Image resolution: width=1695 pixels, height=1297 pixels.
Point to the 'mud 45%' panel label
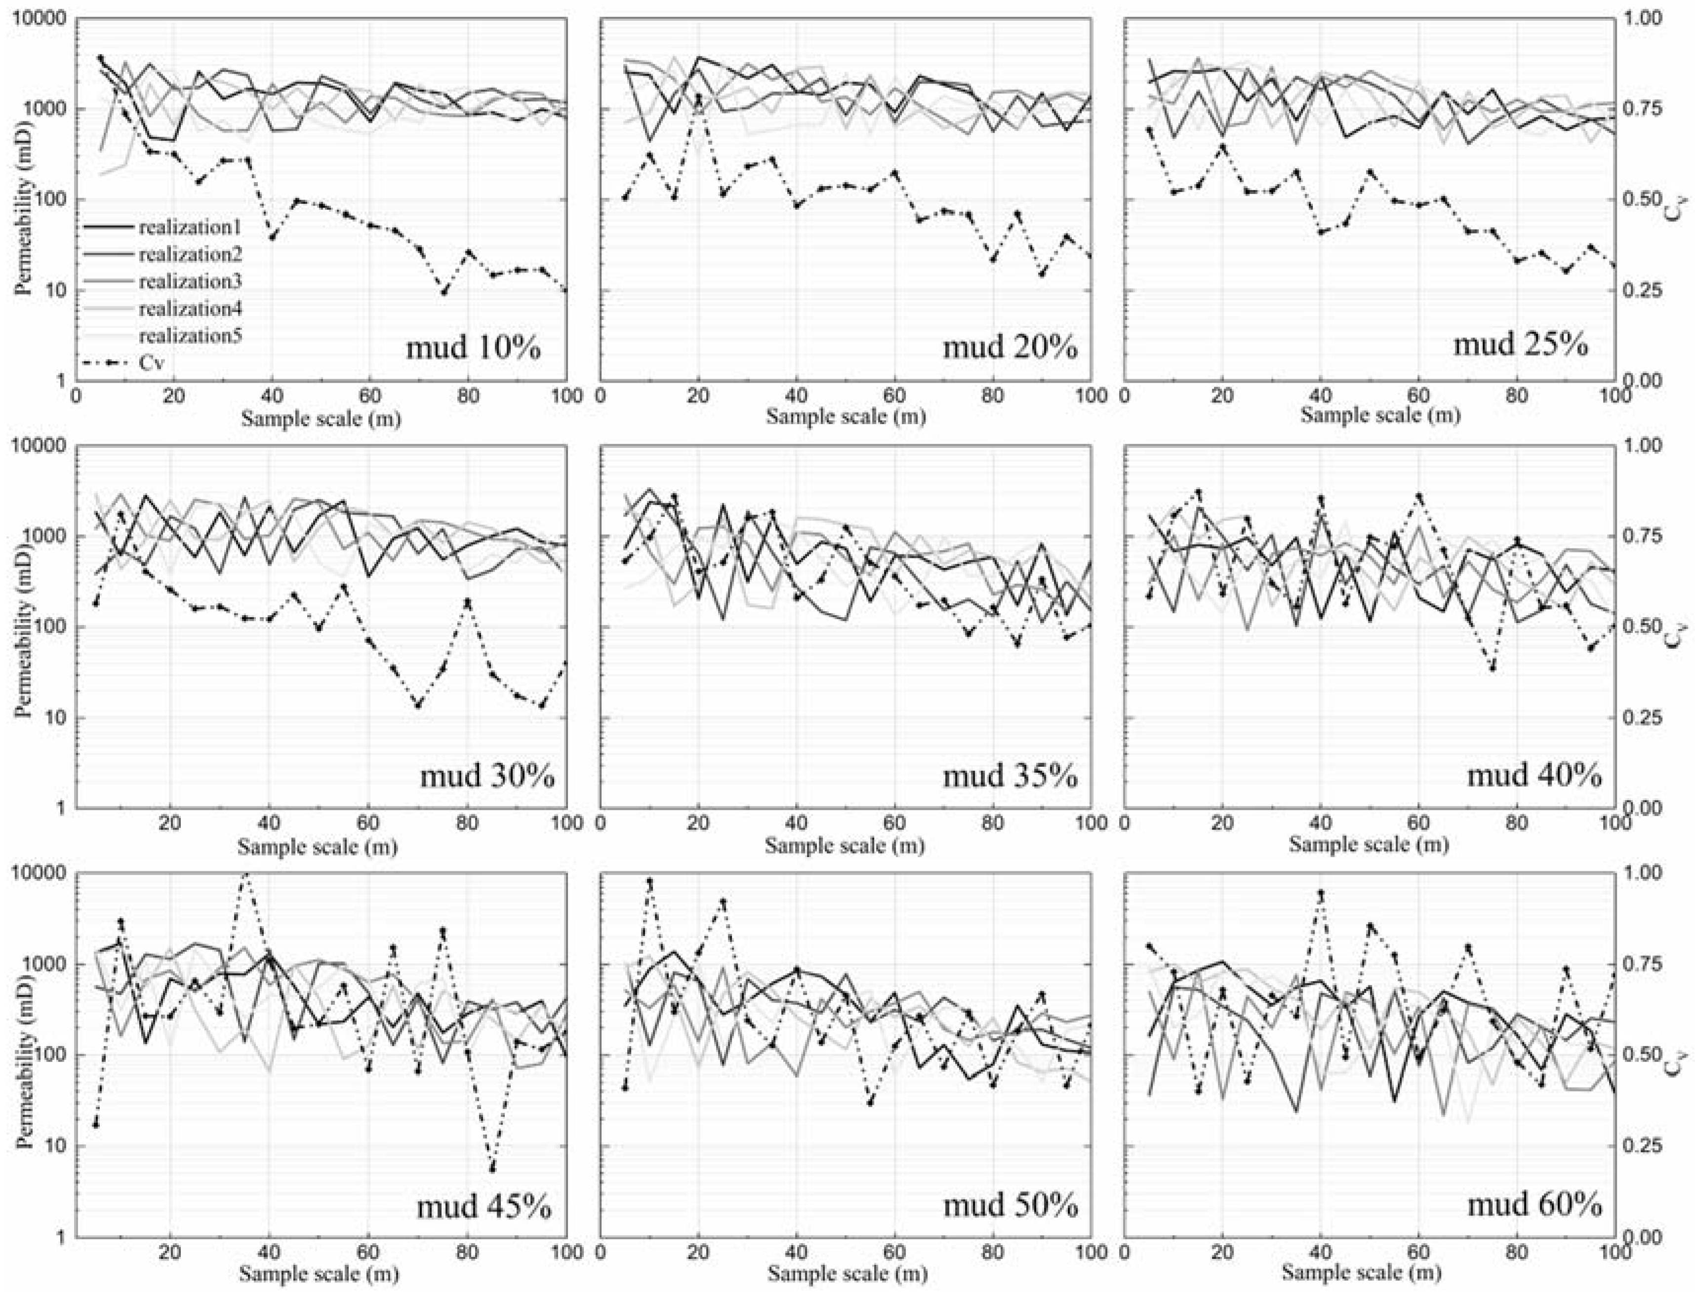click(x=484, y=1205)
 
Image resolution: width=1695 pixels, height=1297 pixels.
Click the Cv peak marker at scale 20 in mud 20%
click(x=699, y=98)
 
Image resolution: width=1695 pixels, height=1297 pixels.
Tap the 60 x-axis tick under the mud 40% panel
click(x=1418, y=823)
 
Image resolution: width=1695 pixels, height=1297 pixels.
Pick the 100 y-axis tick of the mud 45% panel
click(x=50, y=1056)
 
